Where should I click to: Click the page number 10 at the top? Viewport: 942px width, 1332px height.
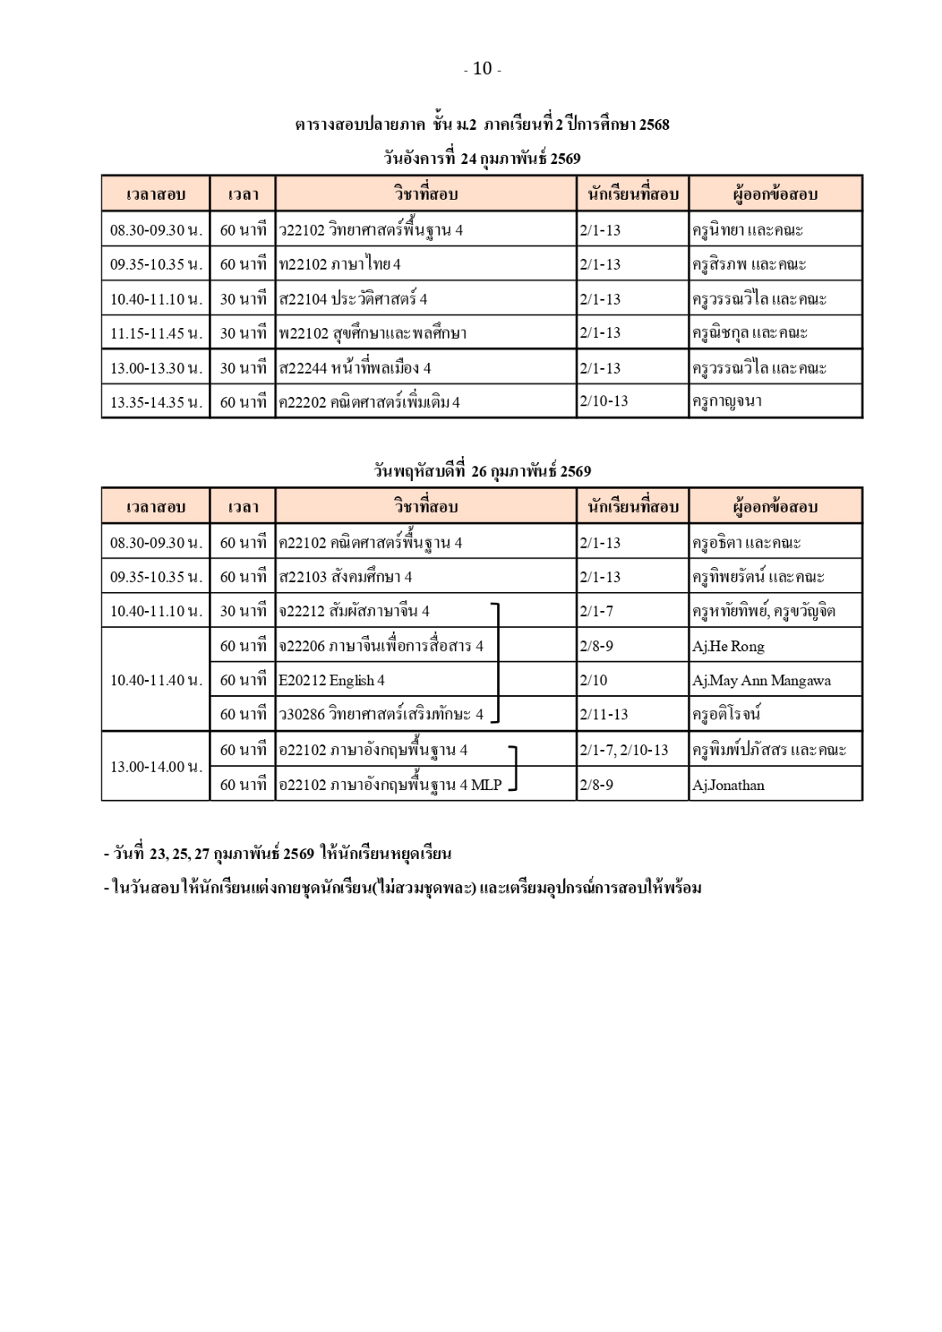tap(482, 69)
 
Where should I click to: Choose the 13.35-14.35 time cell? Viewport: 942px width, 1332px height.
tap(156, 402)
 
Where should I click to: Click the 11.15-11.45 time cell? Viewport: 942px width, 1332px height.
tap(156, 333)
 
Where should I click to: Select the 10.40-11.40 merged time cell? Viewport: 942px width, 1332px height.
tap(156, 680)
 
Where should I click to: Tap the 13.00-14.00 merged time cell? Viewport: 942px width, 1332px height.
tap(156, 766)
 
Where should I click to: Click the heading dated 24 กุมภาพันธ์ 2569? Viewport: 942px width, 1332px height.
tap(482, 158)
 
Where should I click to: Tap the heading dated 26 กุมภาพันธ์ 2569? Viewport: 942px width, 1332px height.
tap(482, 471)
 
